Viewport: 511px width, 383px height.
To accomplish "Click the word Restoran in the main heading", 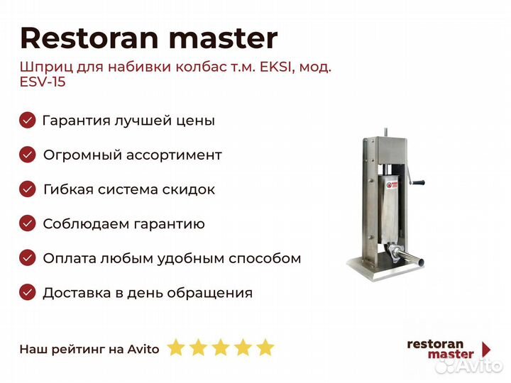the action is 89,38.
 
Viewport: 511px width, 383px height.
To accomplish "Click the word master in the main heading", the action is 224,39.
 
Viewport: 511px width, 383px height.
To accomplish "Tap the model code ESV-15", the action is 43,82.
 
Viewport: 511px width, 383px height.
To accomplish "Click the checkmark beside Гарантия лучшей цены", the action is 28,120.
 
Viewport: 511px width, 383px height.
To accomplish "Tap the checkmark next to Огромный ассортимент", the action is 28,155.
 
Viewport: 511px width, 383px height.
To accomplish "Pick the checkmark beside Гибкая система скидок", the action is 28,189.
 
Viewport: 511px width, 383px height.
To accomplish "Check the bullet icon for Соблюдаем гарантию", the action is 28,223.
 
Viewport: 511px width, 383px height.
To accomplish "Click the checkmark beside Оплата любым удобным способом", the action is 28,258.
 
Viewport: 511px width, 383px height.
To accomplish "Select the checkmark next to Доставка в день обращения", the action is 28,292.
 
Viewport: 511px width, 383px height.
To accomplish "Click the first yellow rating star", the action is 176,348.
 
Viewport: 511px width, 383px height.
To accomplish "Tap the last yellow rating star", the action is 265,348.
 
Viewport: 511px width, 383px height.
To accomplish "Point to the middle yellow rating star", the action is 221,348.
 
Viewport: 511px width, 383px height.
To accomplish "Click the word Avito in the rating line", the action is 143,349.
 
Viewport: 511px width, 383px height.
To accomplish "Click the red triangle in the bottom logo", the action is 487,350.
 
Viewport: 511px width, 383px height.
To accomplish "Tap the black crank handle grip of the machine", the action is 418,182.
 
